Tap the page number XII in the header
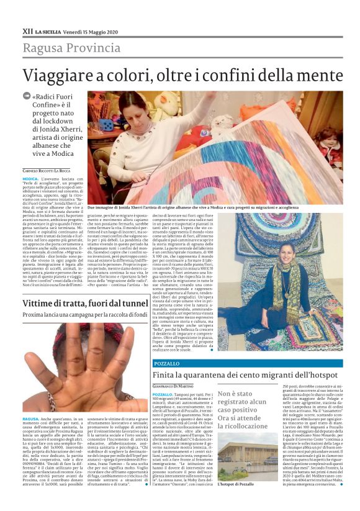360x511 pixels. click(27, 30)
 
